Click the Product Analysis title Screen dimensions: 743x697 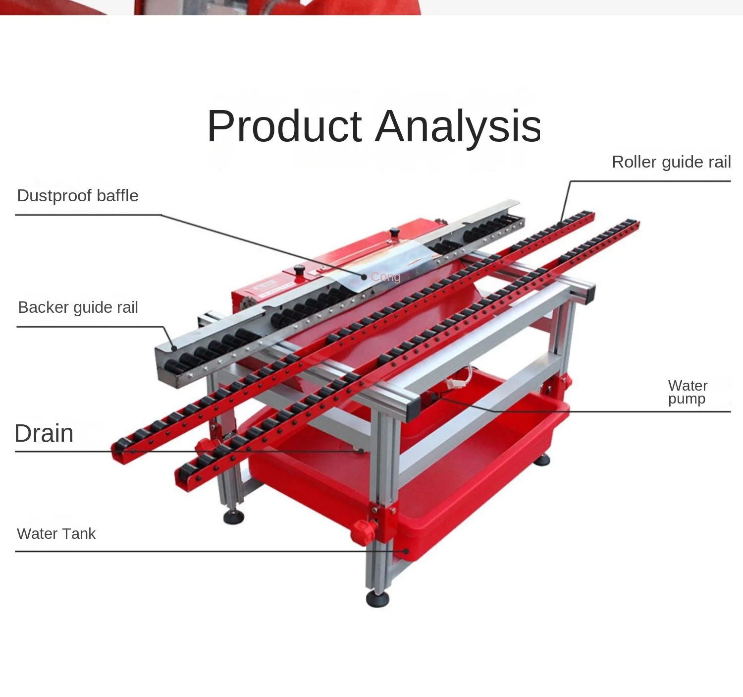pos(374,126)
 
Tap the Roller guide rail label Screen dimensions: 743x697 pos(671,162)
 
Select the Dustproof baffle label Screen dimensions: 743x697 pos(77,195)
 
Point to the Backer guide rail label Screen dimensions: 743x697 pos(78,307)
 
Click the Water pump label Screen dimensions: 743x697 pos(688,392)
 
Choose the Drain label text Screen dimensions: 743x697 pos(44,433)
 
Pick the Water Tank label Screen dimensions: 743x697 pos(56,534)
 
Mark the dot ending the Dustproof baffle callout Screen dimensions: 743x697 pos(364,277)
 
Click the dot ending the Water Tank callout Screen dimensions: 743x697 pos(406,551)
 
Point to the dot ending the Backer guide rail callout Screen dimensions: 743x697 pos(174,348)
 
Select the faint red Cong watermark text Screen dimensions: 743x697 pos(385,277)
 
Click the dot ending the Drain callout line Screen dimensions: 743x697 pos(361,451)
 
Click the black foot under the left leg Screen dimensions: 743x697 pos(233,517)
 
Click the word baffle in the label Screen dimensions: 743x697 pos(117,195)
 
